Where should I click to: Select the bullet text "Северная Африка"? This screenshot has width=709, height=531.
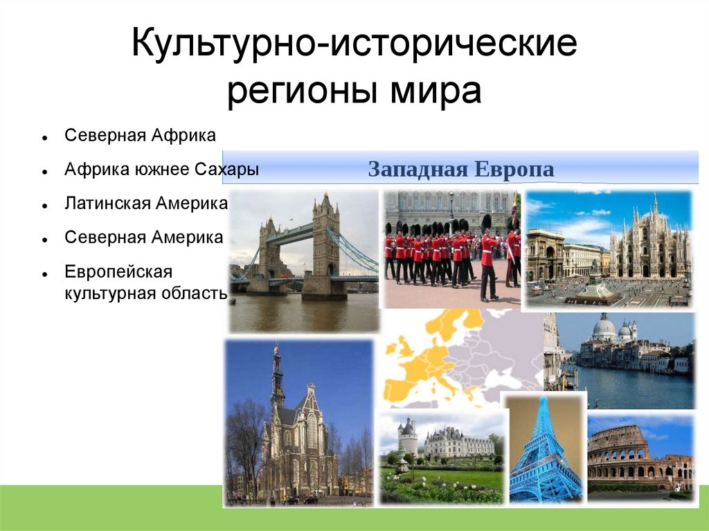[x=140, y=135]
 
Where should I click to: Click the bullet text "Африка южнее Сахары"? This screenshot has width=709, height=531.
[x=162, y=169]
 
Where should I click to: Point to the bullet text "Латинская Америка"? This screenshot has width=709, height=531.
[x=146, y=203]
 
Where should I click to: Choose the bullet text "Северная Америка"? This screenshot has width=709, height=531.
[x=144, y=237]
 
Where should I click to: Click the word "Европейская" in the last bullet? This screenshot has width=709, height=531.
[x=118, y=272]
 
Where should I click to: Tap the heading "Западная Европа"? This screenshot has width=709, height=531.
[x=460, y=169]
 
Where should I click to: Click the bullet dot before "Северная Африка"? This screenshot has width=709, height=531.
[x=44, y=137]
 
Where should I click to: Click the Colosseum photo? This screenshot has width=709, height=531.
[x=640, y=458]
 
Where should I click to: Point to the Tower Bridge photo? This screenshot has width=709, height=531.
[x=303, y=261]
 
